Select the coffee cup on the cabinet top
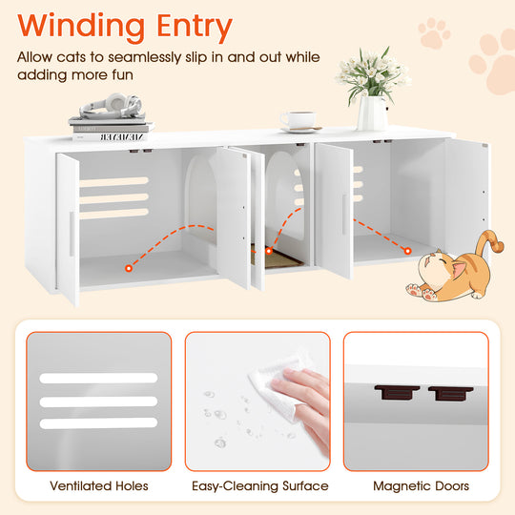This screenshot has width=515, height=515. point(299,121)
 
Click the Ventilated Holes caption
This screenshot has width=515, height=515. point(99,485)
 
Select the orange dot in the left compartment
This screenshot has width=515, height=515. point(127,270)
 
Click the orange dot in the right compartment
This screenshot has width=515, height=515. point(407,252)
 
